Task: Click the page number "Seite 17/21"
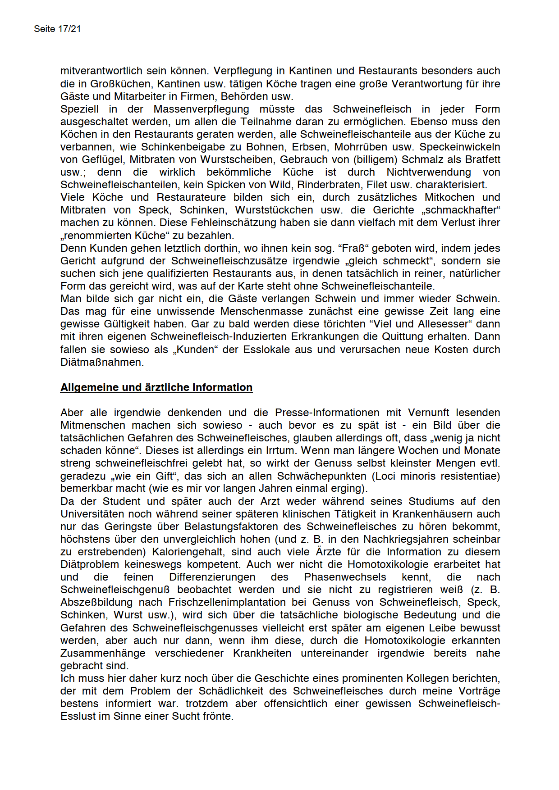click(57, 29)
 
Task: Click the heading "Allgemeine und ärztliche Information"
click(156, 387)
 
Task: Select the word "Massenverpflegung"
click(201, 109)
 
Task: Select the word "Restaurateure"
click(191, 197)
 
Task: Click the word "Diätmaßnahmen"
click(102, 362)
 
